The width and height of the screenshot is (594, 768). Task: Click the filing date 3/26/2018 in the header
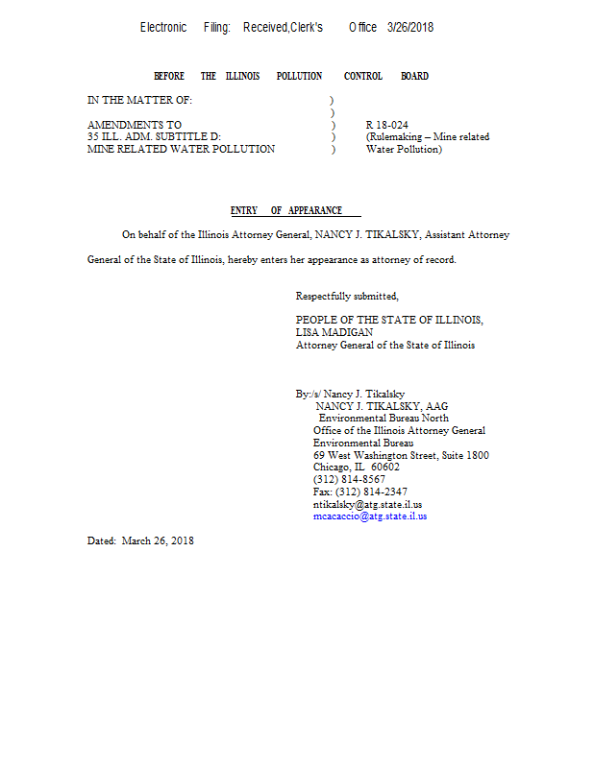click(x=410, y=28)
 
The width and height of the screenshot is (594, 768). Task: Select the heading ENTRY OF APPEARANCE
click(x=286, y=210)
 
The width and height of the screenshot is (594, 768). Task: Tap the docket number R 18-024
click(x=387, y=125)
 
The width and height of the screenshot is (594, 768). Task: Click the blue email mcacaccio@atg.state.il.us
click(x=370, y=516)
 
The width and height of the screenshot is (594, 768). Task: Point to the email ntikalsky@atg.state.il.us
click(x=368, y=504)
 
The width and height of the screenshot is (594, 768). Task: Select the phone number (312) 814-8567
click(x=349, y=479)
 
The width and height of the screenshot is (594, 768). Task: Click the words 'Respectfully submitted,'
click(x=346, y=296)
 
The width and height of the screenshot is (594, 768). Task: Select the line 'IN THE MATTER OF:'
click(x=139, y=100)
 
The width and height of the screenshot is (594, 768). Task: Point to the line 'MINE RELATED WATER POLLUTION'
click(x=181, y=149)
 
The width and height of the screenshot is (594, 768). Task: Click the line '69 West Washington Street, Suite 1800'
click(x=401, y=455)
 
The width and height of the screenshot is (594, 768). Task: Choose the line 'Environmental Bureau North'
click(x=384, y=419)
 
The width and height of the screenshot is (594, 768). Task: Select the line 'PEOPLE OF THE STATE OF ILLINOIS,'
click(x=389, y=320)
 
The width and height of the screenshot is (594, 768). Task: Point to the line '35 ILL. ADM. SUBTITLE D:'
click(x=154, y=136)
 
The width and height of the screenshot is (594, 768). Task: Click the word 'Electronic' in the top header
click(x=163, y=28)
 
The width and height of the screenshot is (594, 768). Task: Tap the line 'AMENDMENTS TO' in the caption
click(x=134, y=125)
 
